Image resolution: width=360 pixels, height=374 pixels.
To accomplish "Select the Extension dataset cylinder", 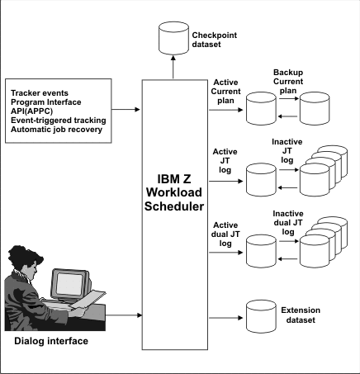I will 264,315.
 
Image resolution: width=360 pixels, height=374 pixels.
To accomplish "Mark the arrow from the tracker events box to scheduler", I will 127,109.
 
